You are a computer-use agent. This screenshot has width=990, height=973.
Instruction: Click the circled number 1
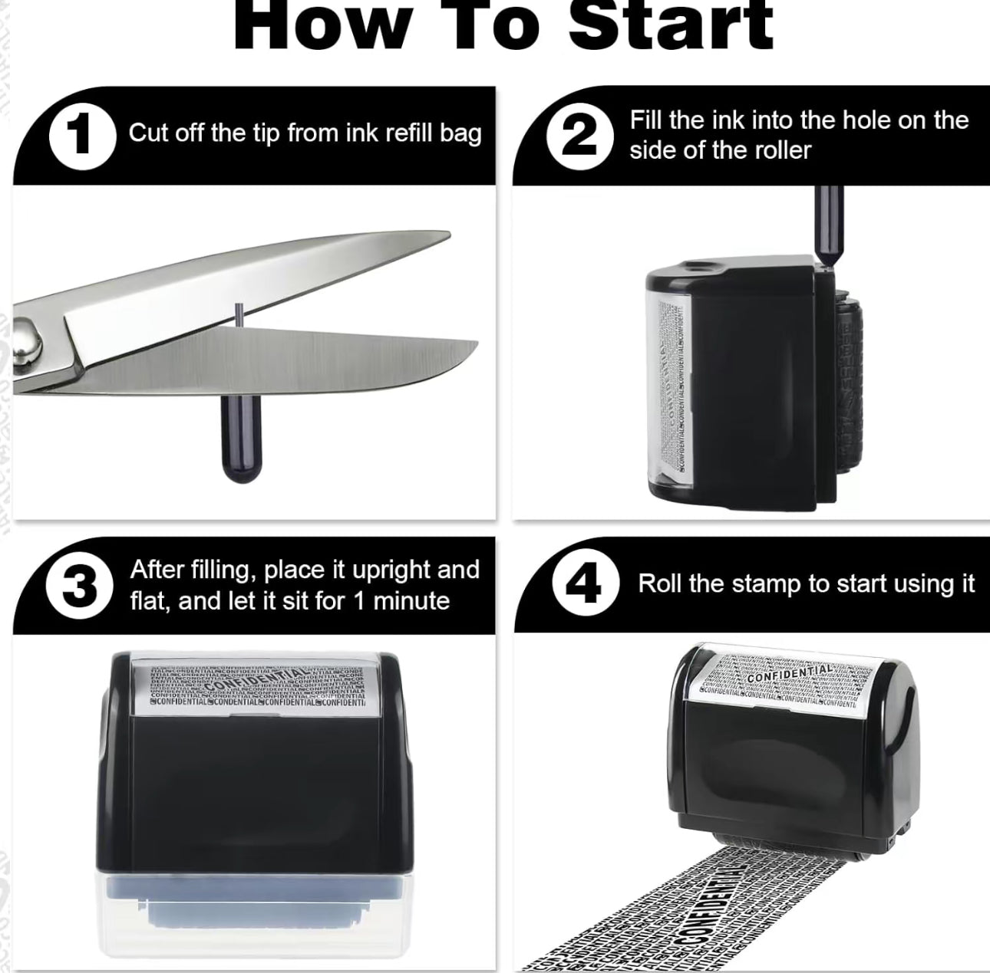(x=82, y=134)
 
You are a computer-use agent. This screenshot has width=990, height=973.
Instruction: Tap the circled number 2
(x=580, y=135)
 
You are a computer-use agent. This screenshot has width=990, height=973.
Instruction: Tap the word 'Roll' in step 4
(x=660, y=583)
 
